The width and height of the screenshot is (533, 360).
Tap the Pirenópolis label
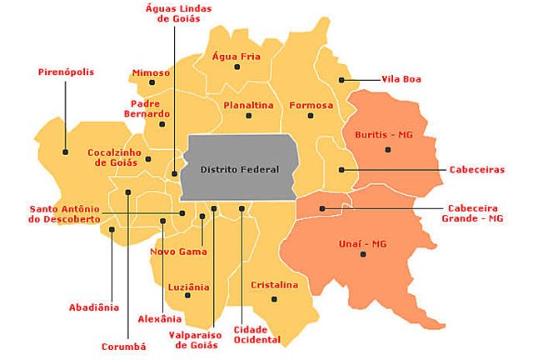click(x=66, y=72)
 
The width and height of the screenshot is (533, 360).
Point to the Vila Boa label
click(x=401, y=79)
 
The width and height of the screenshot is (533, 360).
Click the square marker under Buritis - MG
click(x=387, y=149)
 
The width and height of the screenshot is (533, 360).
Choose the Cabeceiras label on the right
click(x=476, y=169)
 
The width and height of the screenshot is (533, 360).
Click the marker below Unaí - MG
click(x=362, y=254)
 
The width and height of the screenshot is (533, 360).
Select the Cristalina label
click(x=274, y=285)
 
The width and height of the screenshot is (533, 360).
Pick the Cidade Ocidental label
click(x=257, y=334)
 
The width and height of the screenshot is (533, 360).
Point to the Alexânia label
click(x=159, y=318)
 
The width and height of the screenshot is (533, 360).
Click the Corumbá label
click(x=123, y=346)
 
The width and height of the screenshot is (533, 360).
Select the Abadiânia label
click(x=94, y=307)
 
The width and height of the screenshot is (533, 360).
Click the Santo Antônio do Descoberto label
click(x=64, y=213)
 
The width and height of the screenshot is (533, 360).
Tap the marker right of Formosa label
click(x=310, y=116)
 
